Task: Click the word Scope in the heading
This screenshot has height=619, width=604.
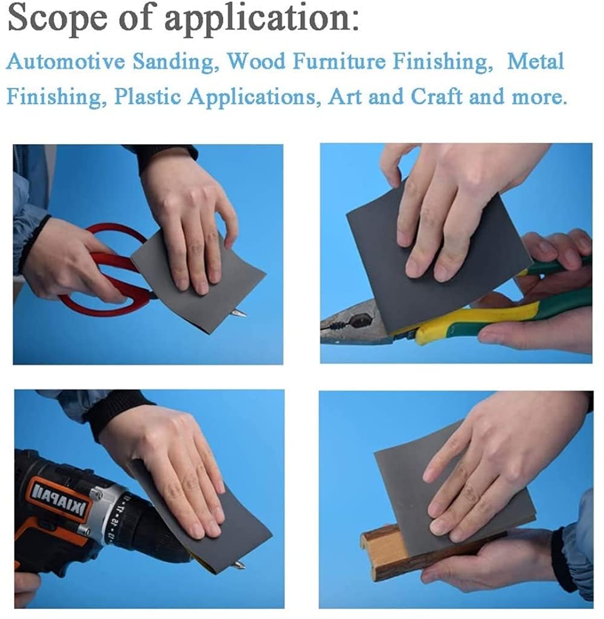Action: coord(57,18)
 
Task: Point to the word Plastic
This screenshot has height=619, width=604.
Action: coord(147,96)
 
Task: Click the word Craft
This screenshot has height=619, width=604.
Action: coord(436,96)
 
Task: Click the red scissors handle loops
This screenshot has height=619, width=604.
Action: coord(103,273)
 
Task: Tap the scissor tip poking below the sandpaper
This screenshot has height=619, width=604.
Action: coord(239,314)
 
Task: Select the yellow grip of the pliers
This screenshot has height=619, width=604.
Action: coord(474,316)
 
